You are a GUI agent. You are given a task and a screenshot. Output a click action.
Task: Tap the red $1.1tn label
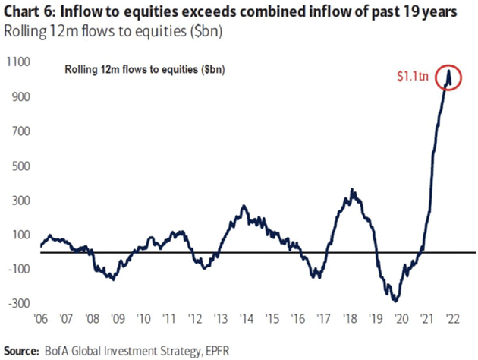[x=415, y=76]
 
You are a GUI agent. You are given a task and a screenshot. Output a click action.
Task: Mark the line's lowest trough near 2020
[x=395, y=300]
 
